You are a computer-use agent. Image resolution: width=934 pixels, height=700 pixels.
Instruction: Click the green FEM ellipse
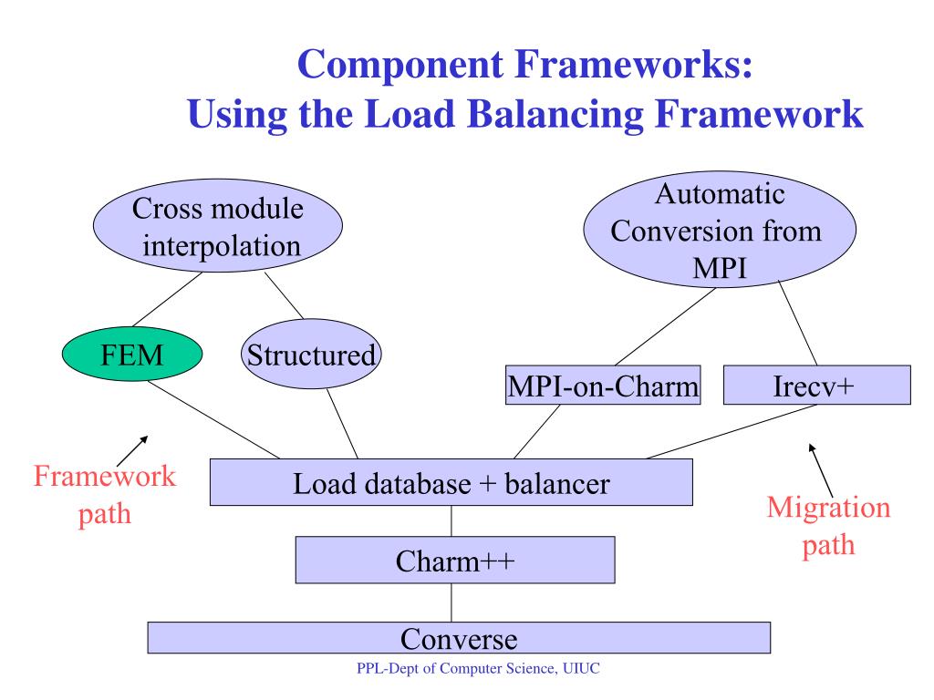[x=132, y=355]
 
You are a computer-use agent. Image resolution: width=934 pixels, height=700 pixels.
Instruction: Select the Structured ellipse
[x=311, y=355]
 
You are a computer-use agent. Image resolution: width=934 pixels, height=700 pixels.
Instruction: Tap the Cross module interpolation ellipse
[x=218, y=226]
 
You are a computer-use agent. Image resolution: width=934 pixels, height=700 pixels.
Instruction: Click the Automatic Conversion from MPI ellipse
[x=720, y=230]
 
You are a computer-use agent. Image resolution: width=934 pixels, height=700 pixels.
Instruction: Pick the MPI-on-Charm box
[x=603, y=386]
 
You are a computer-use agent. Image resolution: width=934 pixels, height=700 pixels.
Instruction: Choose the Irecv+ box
[x=816, y=386]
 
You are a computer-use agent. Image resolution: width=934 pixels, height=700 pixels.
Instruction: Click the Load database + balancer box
[x=451, y=482]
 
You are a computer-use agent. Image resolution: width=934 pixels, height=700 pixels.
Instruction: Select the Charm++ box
[x=455, y=561]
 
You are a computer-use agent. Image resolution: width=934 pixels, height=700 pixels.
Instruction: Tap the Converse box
[x=459, y=638]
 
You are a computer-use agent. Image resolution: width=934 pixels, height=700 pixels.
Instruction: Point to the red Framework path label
[x=105, y=495]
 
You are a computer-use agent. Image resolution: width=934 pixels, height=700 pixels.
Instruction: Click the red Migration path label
[x=828, y=526]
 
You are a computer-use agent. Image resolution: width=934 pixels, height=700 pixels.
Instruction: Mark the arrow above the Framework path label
[x=132, y=451]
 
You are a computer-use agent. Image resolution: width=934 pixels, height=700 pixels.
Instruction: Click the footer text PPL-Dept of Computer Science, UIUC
[x=478, y=668]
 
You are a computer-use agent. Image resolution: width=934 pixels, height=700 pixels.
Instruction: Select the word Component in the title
[x=400, y=65]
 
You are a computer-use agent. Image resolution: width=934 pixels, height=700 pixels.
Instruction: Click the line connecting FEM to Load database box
[x=213, y=419]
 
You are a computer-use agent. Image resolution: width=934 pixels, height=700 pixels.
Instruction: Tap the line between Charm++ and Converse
[x=451, y=603]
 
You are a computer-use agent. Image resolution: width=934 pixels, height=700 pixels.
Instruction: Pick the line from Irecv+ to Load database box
[x=732, y=431]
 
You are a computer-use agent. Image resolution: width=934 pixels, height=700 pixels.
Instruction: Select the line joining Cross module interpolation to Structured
[x=285, y=296]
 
